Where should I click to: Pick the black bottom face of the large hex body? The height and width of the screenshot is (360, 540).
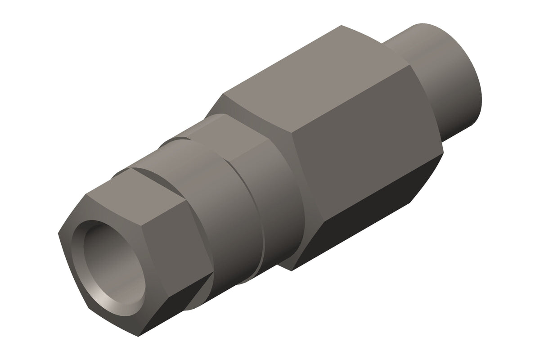(x=360, y=225)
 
